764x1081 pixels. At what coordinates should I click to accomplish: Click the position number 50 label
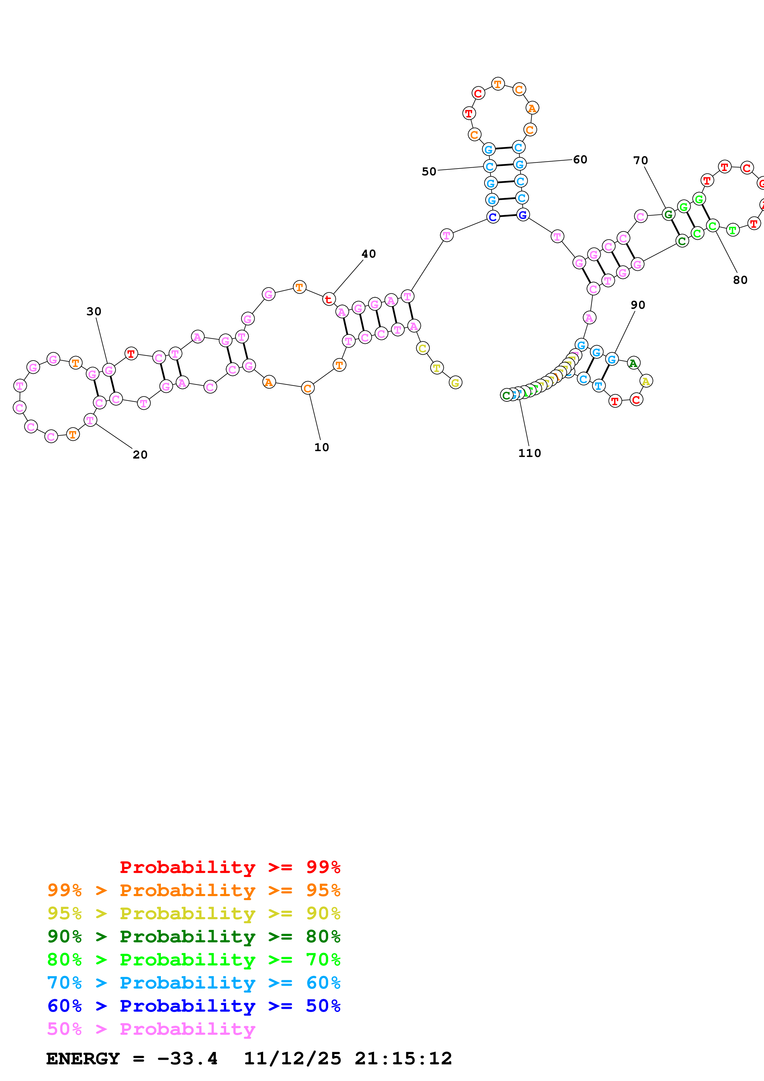[428, 172]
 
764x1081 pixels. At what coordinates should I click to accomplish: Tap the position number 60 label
[580, 160]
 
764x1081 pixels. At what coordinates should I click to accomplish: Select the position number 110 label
[529, 453]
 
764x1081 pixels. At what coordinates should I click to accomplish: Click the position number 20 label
[140, 455]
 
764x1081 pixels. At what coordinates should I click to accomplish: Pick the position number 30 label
[94, 312]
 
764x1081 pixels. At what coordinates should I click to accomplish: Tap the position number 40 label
[369, 254]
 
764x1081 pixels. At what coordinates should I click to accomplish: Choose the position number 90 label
[638, 305]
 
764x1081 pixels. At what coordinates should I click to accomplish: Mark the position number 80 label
[740, 280]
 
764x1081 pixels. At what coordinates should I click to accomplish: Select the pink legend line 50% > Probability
[151, 1029]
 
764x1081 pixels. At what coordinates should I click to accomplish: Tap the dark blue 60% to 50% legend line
[194, 1006]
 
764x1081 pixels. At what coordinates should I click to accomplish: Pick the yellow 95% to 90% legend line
[194, 913]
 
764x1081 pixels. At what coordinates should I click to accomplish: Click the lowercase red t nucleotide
[329, 299]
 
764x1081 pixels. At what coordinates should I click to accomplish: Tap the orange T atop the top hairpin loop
[497, 84]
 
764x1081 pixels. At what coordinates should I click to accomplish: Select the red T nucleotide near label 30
[131, 353]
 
